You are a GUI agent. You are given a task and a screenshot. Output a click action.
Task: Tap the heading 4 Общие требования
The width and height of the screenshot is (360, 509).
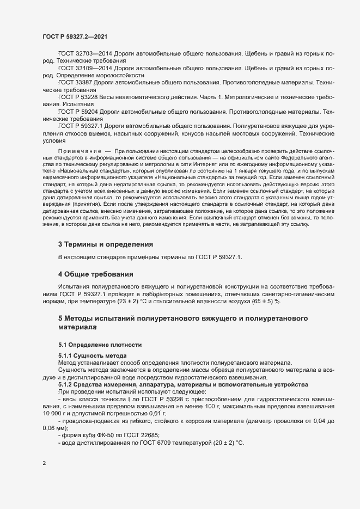click(x=96, y=273)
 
